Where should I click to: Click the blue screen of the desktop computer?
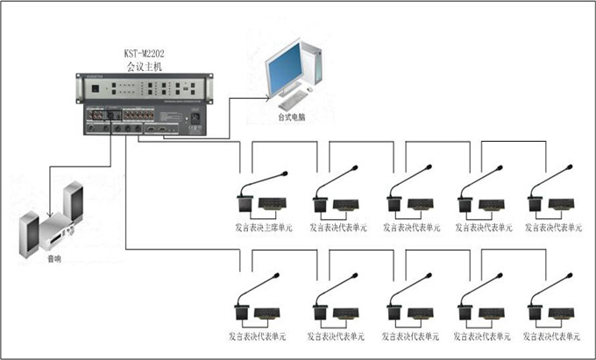click(x=287, y=71)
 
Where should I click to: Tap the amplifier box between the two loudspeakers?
click(x=58, y=230)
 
